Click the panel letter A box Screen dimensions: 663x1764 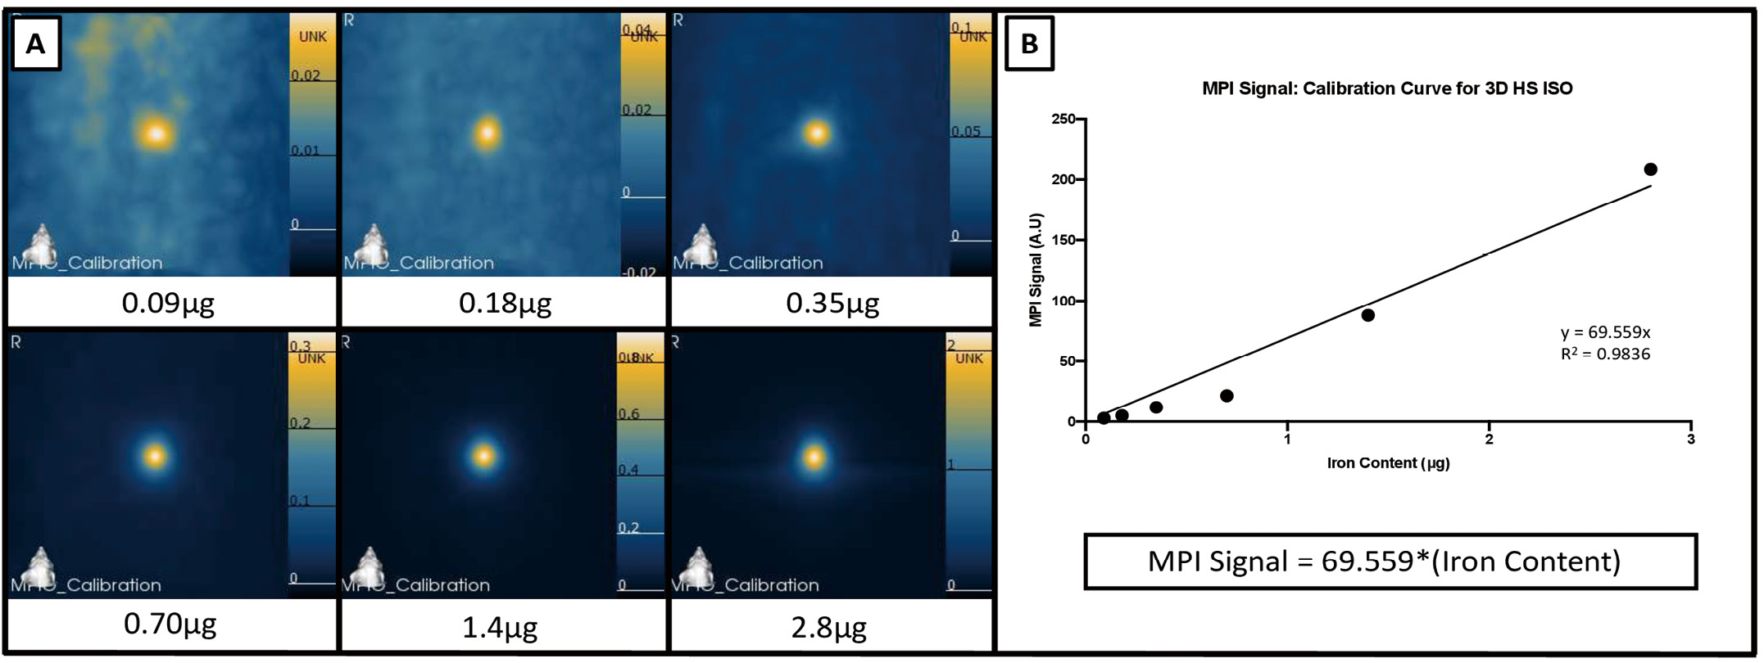[x=35, y=43]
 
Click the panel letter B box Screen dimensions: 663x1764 [x=1029, y=43]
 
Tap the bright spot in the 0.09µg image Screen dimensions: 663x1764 [x=156, y=133]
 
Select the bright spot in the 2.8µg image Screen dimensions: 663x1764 [x=814, y=457]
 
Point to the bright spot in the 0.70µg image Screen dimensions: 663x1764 [x=155, y=455]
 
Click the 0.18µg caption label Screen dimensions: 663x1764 [x=505, y=303]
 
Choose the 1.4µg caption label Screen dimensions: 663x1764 [x=500, y=627]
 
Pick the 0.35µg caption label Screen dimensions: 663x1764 [x=832, y=303]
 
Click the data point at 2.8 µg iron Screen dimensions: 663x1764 [x=1650, y=169]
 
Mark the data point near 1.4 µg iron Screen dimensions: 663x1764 [x=1367, y=315]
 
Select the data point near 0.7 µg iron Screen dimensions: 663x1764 [x=1227, y=396]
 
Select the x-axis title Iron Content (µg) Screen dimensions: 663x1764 [x=1388, y=463]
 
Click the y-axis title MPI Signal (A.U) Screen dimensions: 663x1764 [x=1036, y=270]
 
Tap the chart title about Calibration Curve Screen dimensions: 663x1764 [x=1387, y=88]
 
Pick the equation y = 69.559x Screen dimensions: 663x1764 [x=1605, y=332]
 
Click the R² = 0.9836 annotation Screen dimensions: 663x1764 [x=1605, y=354]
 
